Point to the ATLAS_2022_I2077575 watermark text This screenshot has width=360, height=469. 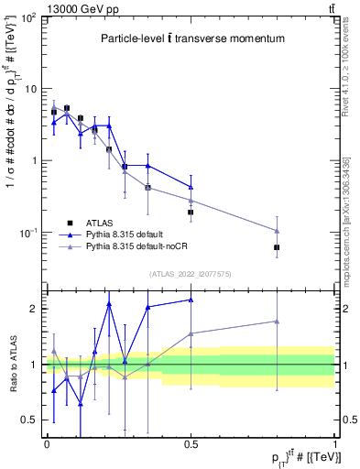(190, 274)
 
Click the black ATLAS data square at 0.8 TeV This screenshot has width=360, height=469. (277, 247)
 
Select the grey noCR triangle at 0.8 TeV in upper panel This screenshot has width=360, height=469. (277, 231)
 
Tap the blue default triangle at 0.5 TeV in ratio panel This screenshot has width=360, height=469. (191, 300)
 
